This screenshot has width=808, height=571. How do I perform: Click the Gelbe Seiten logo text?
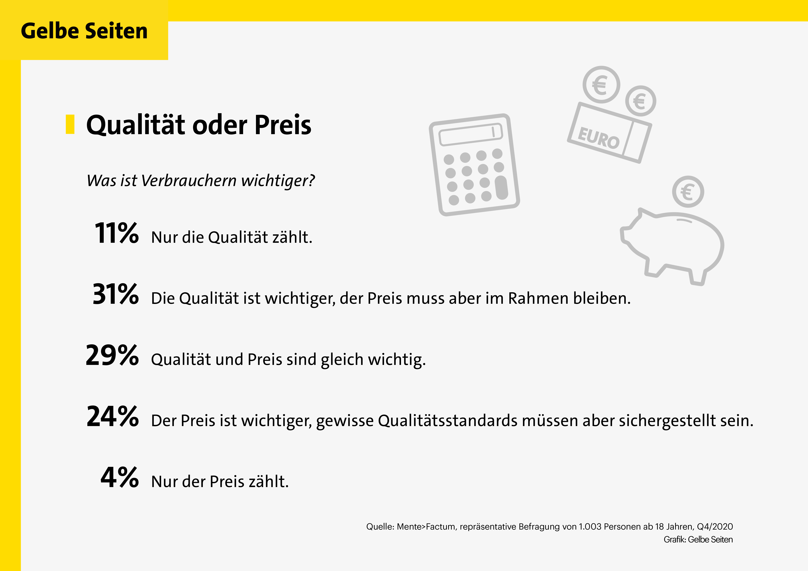[84, 31]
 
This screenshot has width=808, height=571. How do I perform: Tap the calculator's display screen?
[471, 135]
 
